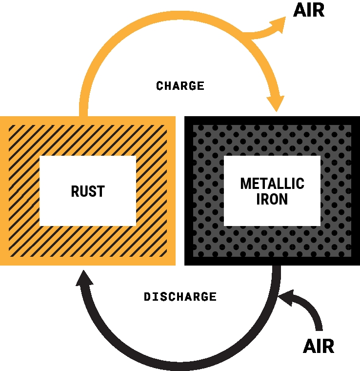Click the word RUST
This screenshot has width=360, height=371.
point(88,191)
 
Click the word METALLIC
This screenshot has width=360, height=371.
point(272,184)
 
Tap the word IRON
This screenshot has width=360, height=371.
point(272,199)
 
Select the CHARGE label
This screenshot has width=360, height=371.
point(180,86)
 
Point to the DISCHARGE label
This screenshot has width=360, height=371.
point(180,297)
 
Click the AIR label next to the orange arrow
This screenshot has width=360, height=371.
point(308,11)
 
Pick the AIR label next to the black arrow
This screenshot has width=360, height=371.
point(319,346)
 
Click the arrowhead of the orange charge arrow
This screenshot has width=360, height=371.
point(276,103)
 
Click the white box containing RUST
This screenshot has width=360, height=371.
point(88,168)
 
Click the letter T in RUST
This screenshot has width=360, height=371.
point(100,191)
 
